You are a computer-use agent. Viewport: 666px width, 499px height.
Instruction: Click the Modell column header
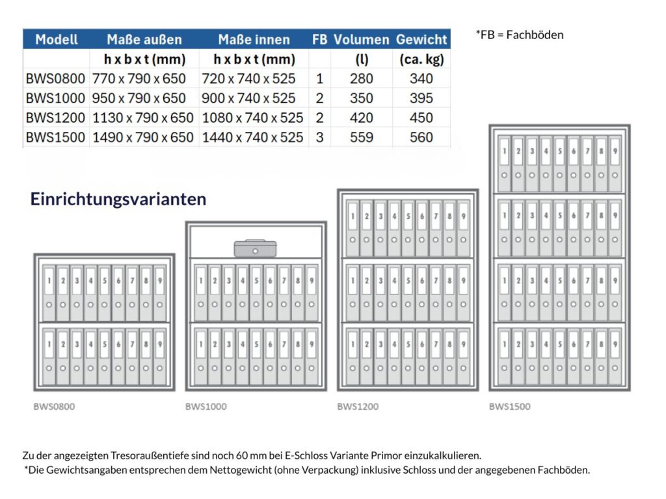(57, 39)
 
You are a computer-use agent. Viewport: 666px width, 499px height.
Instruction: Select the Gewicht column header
(421, 39)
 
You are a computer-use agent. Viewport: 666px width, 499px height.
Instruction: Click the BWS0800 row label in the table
(55, 79)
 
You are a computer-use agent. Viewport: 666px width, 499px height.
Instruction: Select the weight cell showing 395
(421, 99)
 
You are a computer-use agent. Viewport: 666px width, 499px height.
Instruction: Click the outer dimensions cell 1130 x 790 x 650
(143, 118)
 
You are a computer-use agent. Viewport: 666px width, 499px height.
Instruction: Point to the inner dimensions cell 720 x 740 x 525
(254, 79)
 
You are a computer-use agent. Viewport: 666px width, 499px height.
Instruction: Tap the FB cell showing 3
(319, 138)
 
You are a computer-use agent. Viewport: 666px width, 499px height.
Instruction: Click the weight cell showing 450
(421, 118)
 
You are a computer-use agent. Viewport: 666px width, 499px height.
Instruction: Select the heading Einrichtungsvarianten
(118, 199)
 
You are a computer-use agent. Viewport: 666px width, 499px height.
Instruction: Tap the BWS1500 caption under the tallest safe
(509, 407)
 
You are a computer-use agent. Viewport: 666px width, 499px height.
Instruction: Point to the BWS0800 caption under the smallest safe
(54, 407)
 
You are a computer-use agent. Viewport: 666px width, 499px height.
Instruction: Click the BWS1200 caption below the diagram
(358, 407)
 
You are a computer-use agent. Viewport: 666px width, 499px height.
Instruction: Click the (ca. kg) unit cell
(421, 60)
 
